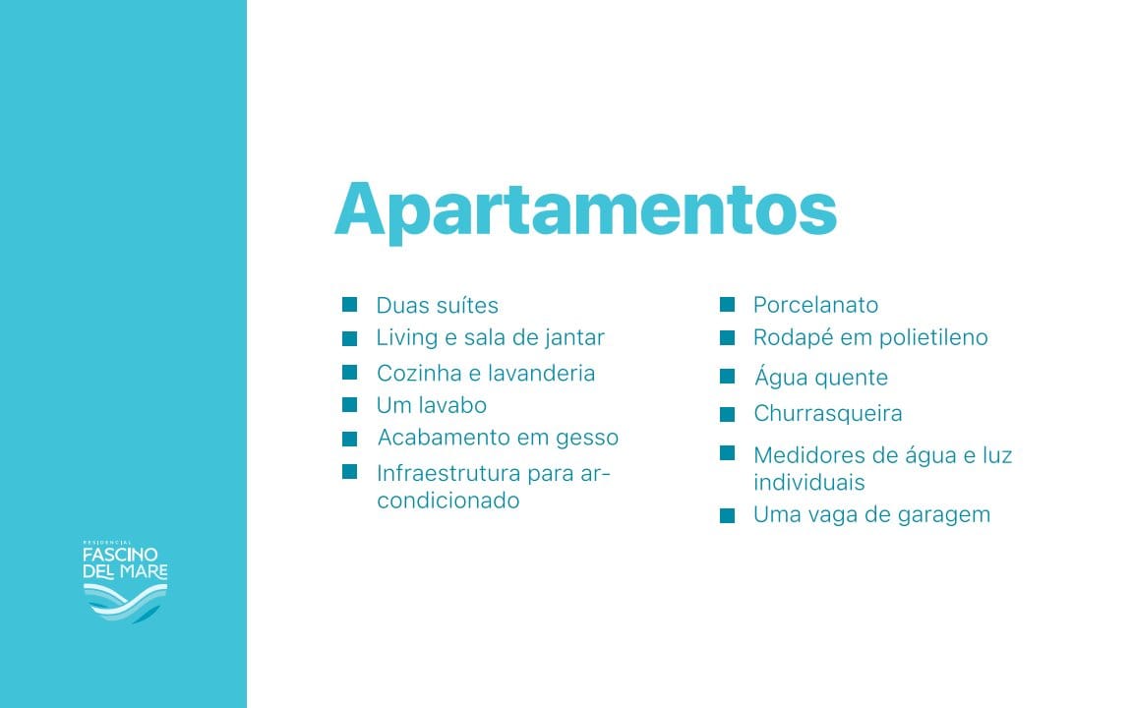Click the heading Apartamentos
[586, 210]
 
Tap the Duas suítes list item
[437, 306]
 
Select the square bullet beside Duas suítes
[350, 304]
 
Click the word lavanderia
[541, 374]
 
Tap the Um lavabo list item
[432, 405]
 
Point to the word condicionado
[448, 501]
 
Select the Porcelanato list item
[815, 305]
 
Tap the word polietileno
[933, 337]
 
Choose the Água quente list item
[821, 377]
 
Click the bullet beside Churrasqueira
[727, 415]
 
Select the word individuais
[809, 483]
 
